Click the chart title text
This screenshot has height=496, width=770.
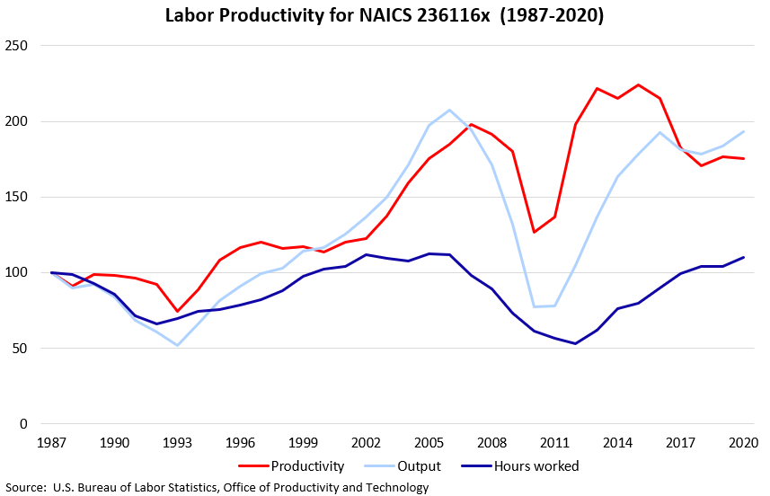(x=385, y=16)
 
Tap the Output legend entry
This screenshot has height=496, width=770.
(x=420, y=466)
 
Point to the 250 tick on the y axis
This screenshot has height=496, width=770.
(x=18, y=46)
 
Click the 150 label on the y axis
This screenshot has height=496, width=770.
(x=18, y=198)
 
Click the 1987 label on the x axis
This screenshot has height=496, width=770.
(x=52, y=444)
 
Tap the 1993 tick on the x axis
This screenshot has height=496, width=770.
(x=177, y=444)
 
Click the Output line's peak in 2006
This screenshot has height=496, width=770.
(x=449, y=110)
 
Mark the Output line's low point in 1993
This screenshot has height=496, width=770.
(x=177, y=345)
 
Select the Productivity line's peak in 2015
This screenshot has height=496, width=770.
(x=637, y=85)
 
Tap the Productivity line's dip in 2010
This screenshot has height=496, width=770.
(x=533, y=232)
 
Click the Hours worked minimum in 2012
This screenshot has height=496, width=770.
(x=575, y=343)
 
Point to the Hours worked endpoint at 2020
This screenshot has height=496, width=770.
(x=741, y=257)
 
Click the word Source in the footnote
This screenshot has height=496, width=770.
(x=26, y=488)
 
